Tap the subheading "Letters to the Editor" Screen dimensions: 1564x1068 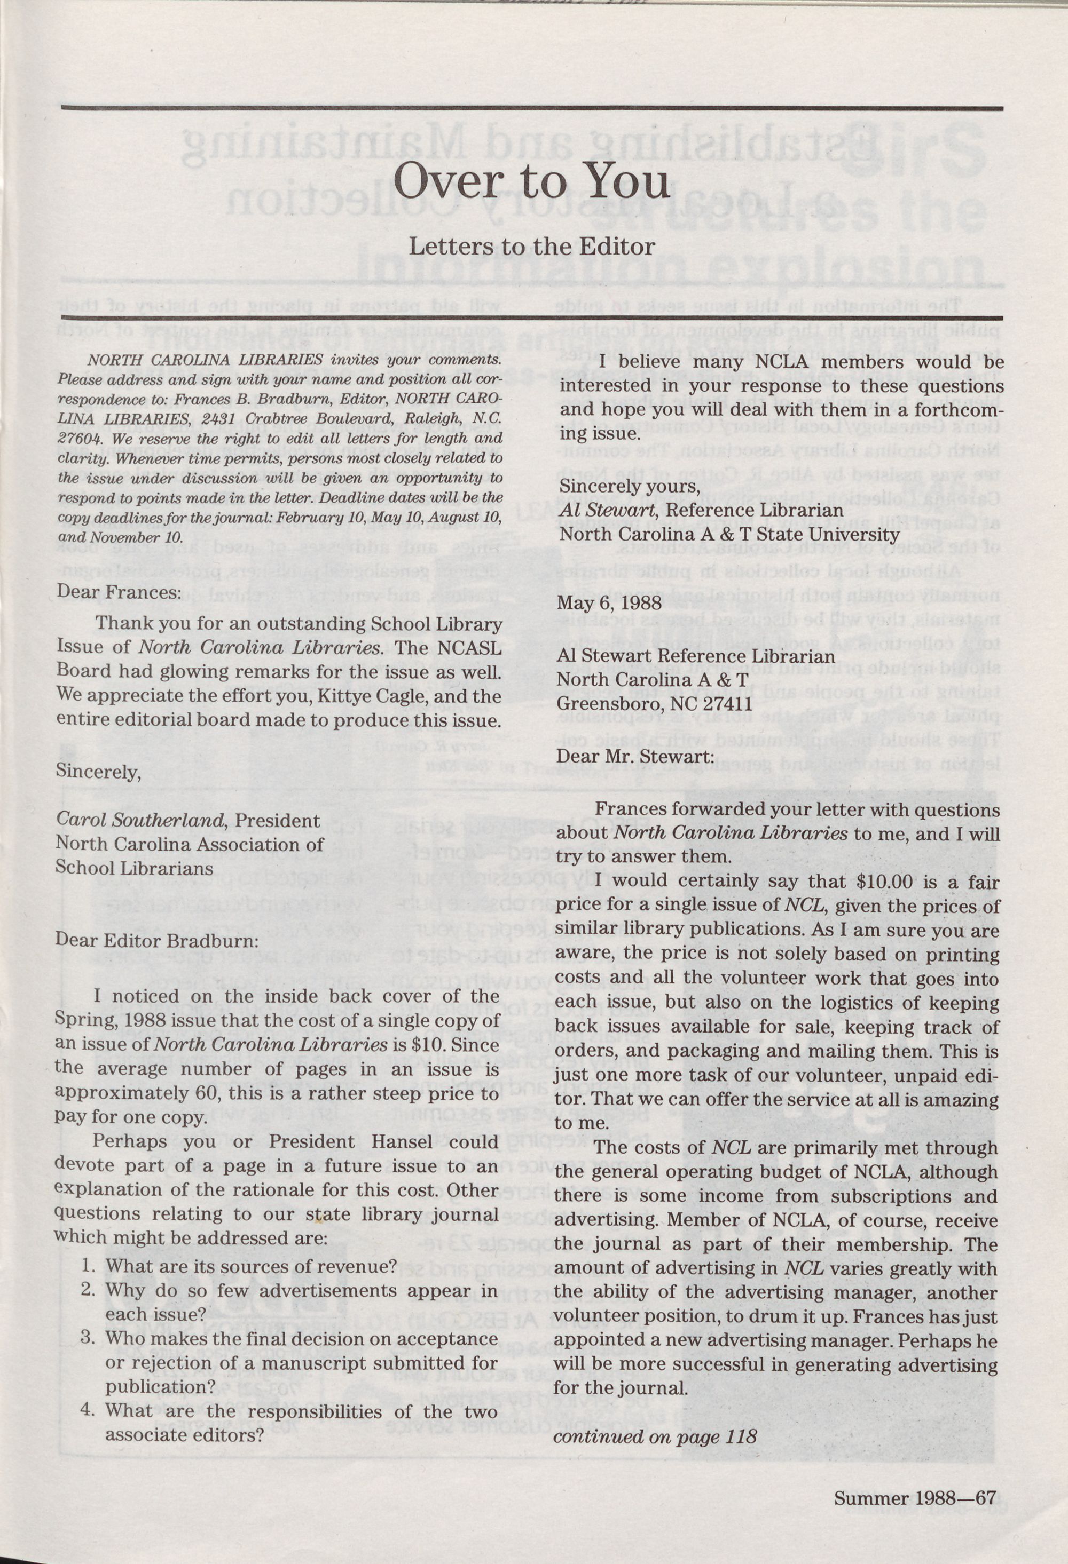[x=531, y=247]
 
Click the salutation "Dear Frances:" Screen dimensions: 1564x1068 [x=119, y=592]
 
